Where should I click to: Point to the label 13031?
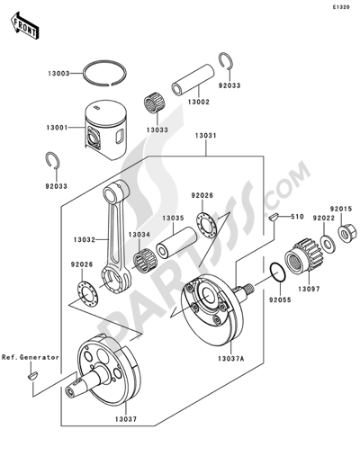208,138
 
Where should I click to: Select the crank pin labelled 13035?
175,217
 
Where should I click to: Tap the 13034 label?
139,234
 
